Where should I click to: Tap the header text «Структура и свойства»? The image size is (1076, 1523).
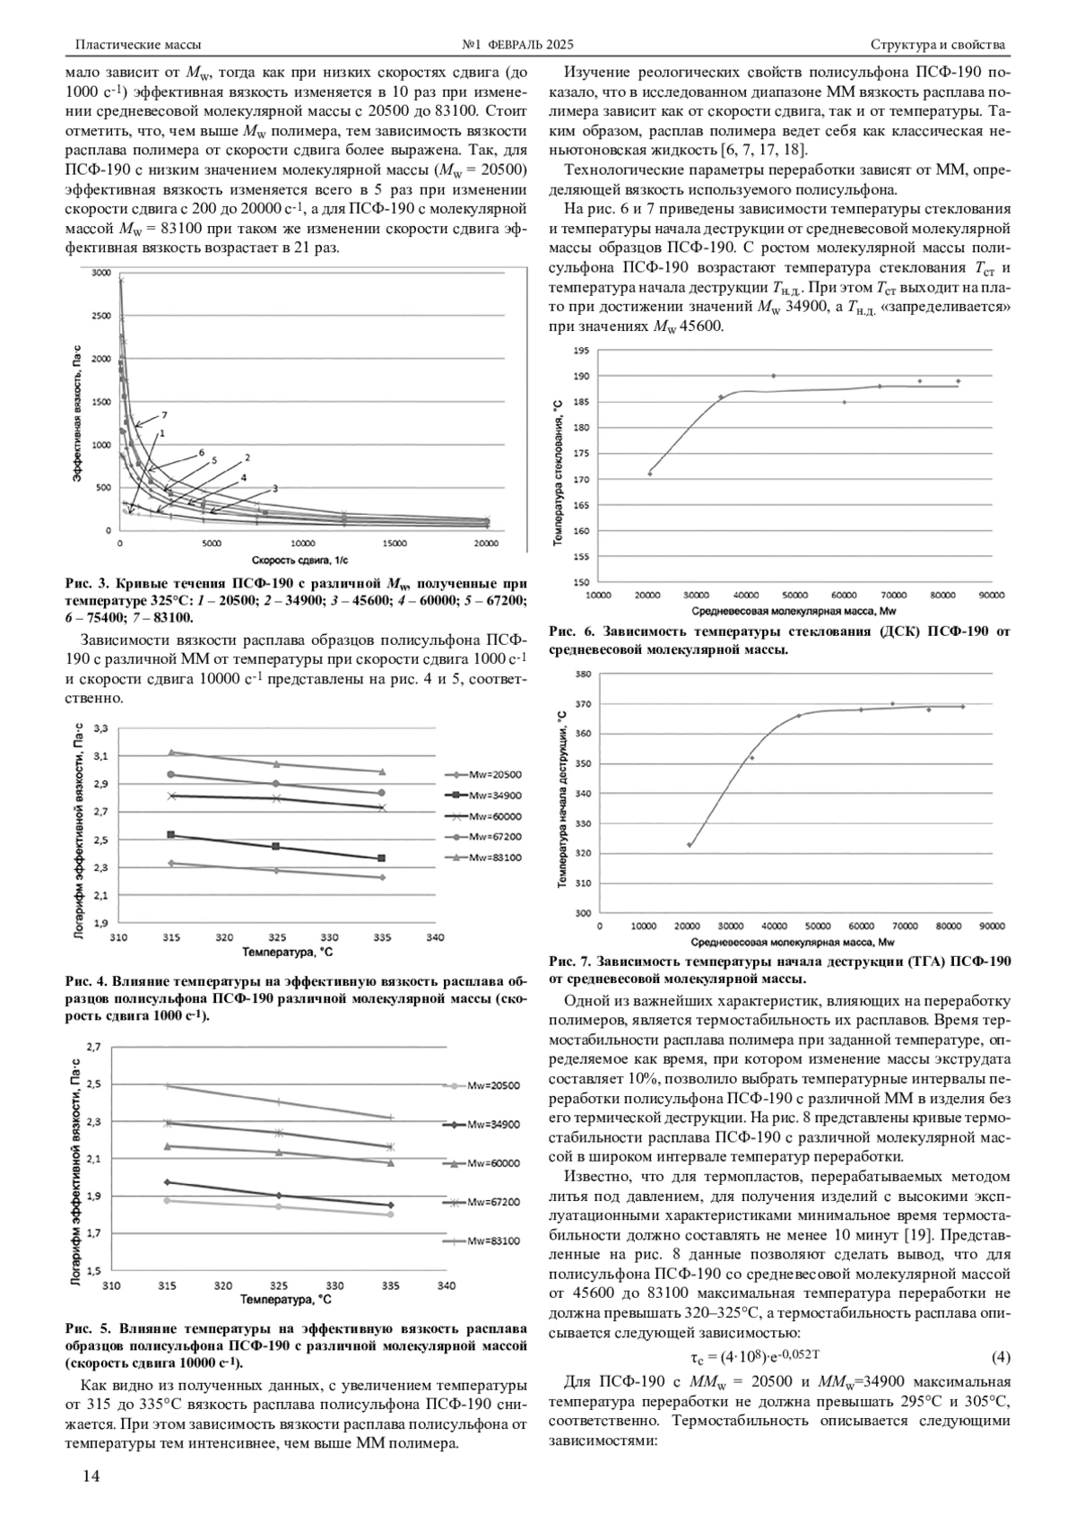[938, 44]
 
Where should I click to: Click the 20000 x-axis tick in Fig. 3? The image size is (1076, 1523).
[486, 544]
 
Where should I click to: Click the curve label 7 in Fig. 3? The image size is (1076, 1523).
[164, 415]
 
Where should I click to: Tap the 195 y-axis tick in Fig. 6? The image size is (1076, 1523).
[581, 351]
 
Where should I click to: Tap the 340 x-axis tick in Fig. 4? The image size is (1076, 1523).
[435, 937]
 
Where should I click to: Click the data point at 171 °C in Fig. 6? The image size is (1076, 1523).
[650, 474]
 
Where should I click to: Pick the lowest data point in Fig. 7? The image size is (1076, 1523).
[689, 845]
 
